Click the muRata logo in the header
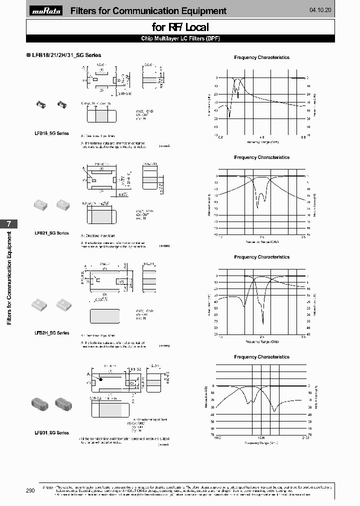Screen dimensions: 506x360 coord(46,11)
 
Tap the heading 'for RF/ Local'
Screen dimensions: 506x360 coord(180,27)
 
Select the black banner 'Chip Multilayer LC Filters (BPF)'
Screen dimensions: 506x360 coord(180,38)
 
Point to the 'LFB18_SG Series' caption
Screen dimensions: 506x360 coord(51,133)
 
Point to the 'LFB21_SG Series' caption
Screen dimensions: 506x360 coord(51,233)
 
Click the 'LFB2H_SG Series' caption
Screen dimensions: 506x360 coord(51,332)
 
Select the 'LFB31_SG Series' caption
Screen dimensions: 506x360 coord(51,432)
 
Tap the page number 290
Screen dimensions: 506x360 coord(30,490)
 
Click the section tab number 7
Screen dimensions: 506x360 coord(8,224)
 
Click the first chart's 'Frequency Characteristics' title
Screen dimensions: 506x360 coord(261,57)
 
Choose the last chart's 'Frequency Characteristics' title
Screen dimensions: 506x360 coord(261,357)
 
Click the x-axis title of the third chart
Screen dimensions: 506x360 coord(261,342)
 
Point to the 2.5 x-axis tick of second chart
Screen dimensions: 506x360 coord(261,237)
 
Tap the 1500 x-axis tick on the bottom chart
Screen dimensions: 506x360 coord(261,437)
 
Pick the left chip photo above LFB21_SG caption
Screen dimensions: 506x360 coord(40,203)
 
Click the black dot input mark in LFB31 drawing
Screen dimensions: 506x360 coord(100,379)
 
